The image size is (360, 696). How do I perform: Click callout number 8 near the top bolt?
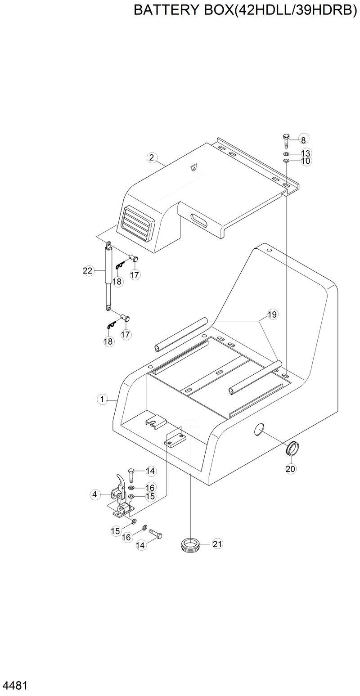303,139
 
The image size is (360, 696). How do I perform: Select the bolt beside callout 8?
286,141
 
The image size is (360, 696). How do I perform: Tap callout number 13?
306,153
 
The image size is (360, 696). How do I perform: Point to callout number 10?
306,161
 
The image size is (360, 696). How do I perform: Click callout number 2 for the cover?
152,157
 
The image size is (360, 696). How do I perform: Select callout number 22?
88,270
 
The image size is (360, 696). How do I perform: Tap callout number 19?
272,314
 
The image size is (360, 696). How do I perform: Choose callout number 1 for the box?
102,399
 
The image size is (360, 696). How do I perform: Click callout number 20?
291,468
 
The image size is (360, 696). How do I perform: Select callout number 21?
217,544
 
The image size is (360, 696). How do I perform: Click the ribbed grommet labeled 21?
190,544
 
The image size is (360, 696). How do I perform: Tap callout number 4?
94,494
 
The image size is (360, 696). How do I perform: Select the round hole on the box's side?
260,429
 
